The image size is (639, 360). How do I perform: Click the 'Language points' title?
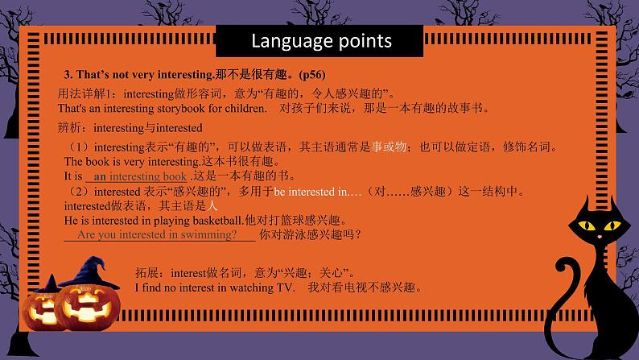(x=321, y=40)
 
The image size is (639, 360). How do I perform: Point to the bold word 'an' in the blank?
(x=101, y=176)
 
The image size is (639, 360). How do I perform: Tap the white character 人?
(x=213, y=205)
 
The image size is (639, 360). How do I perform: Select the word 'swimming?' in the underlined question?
(x=209, y=234)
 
